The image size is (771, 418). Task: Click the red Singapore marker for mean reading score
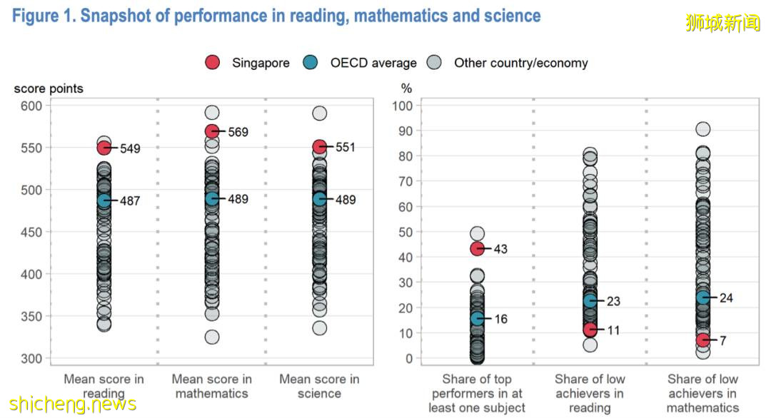pyautogui.click(x=104, y=148)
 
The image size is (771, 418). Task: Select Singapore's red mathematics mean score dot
pyautogui.click(x=212, y=131)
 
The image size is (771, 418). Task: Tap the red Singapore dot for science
pyautogui.click(x=319, y=147)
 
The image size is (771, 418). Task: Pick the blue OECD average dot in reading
pyautogui.click(x=104, y=201)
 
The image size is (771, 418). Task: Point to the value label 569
pyautogui.click(x=238, y=132)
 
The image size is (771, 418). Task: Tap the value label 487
pyautogui.click(x=130, y=201)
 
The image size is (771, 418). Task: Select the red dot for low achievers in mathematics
pyautogui.click(x=703, y=340)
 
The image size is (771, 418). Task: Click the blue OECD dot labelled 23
pyautogui.click(x=590, y=301)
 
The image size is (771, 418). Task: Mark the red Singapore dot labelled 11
pyautogui.click(x=590, y=330)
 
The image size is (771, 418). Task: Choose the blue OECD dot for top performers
pyautogui.click(x=477, y=318)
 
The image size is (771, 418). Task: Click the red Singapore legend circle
pyautogui.click(x=213, y=63)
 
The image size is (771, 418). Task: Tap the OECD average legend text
pyautogui.click(x=373, y=63)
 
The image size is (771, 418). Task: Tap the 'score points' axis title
pyautogui.click(x=49, y=88)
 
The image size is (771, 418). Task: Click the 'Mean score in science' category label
pyautogui.click(x=319, y=386)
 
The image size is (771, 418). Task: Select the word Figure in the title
pyautogui.click(x=34, y=16)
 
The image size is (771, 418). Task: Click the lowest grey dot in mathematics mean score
pyautogui.click(x=212, y=337)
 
